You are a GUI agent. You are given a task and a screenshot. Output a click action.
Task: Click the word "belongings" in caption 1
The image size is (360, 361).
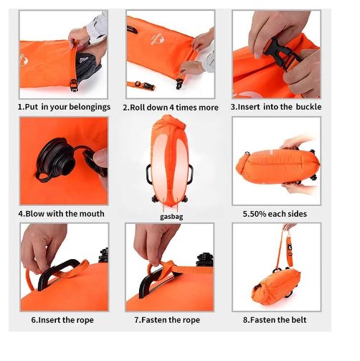(90, 107)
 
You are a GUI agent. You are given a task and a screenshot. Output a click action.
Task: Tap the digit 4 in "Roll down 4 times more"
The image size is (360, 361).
(171, 108)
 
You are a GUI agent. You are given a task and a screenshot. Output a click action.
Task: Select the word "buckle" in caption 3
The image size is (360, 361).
(308, 107)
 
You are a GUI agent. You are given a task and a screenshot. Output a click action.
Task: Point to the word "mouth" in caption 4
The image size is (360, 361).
(93, 213)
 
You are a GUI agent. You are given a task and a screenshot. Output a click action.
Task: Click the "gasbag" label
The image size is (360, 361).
(171, 217)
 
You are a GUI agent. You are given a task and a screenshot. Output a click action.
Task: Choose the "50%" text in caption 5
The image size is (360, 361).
(257, 214)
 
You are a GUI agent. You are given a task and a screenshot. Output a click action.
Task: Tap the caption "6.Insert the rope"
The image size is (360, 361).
(62, 320)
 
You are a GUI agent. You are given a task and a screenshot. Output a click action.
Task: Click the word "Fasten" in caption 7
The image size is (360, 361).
(154, 320)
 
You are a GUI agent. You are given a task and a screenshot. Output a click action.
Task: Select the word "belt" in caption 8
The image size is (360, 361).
(299, 319)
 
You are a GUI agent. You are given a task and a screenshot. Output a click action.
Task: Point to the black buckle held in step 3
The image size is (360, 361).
(281, 54)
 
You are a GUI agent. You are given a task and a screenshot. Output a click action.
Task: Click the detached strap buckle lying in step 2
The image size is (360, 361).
(145, 85)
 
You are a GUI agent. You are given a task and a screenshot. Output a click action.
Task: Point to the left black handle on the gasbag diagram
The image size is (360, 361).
(148, 174)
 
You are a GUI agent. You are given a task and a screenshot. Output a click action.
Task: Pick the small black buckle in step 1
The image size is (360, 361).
(74, 85)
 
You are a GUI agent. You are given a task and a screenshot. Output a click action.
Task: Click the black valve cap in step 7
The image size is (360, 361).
(204, 260)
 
